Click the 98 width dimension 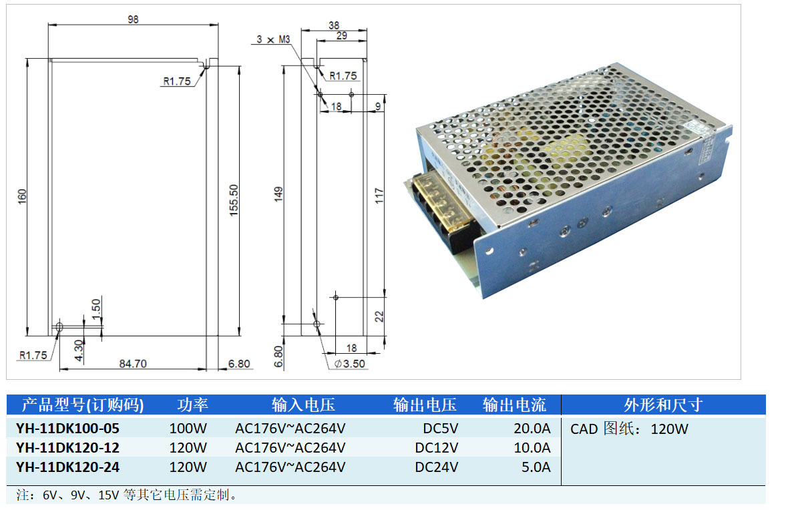pyautogui.click(x=133, y=19)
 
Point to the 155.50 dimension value pyautogui.click(x=233, y=198)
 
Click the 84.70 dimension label pyautogui.click(x=132, y=364)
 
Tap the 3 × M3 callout pyautogui.click(x=273, y=39)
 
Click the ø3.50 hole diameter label pyautogui.click(x=349, y=364)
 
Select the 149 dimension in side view pyautogui.click(x=279, y=194)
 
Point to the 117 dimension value pyautogui.click(x=379, y=196)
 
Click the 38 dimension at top pyautogui.click(x=334, y=25)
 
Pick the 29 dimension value pyautogui.click(x=341, y=36)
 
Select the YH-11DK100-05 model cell pyautogui.click(x=67, y=428)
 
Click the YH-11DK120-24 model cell pyautogui.click(x=67, y=467)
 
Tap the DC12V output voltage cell pyautogui.click(x=437, y=447)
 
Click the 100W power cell pyautogui.click(x=188, y=428)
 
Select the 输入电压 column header pyautogui.click(x=303, y=405)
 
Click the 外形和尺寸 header pyautogui.click(x=662, y=405)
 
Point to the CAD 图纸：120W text pyautogui.click(x=628, y=429)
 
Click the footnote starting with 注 pyautogui.click(x=127, y=495)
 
